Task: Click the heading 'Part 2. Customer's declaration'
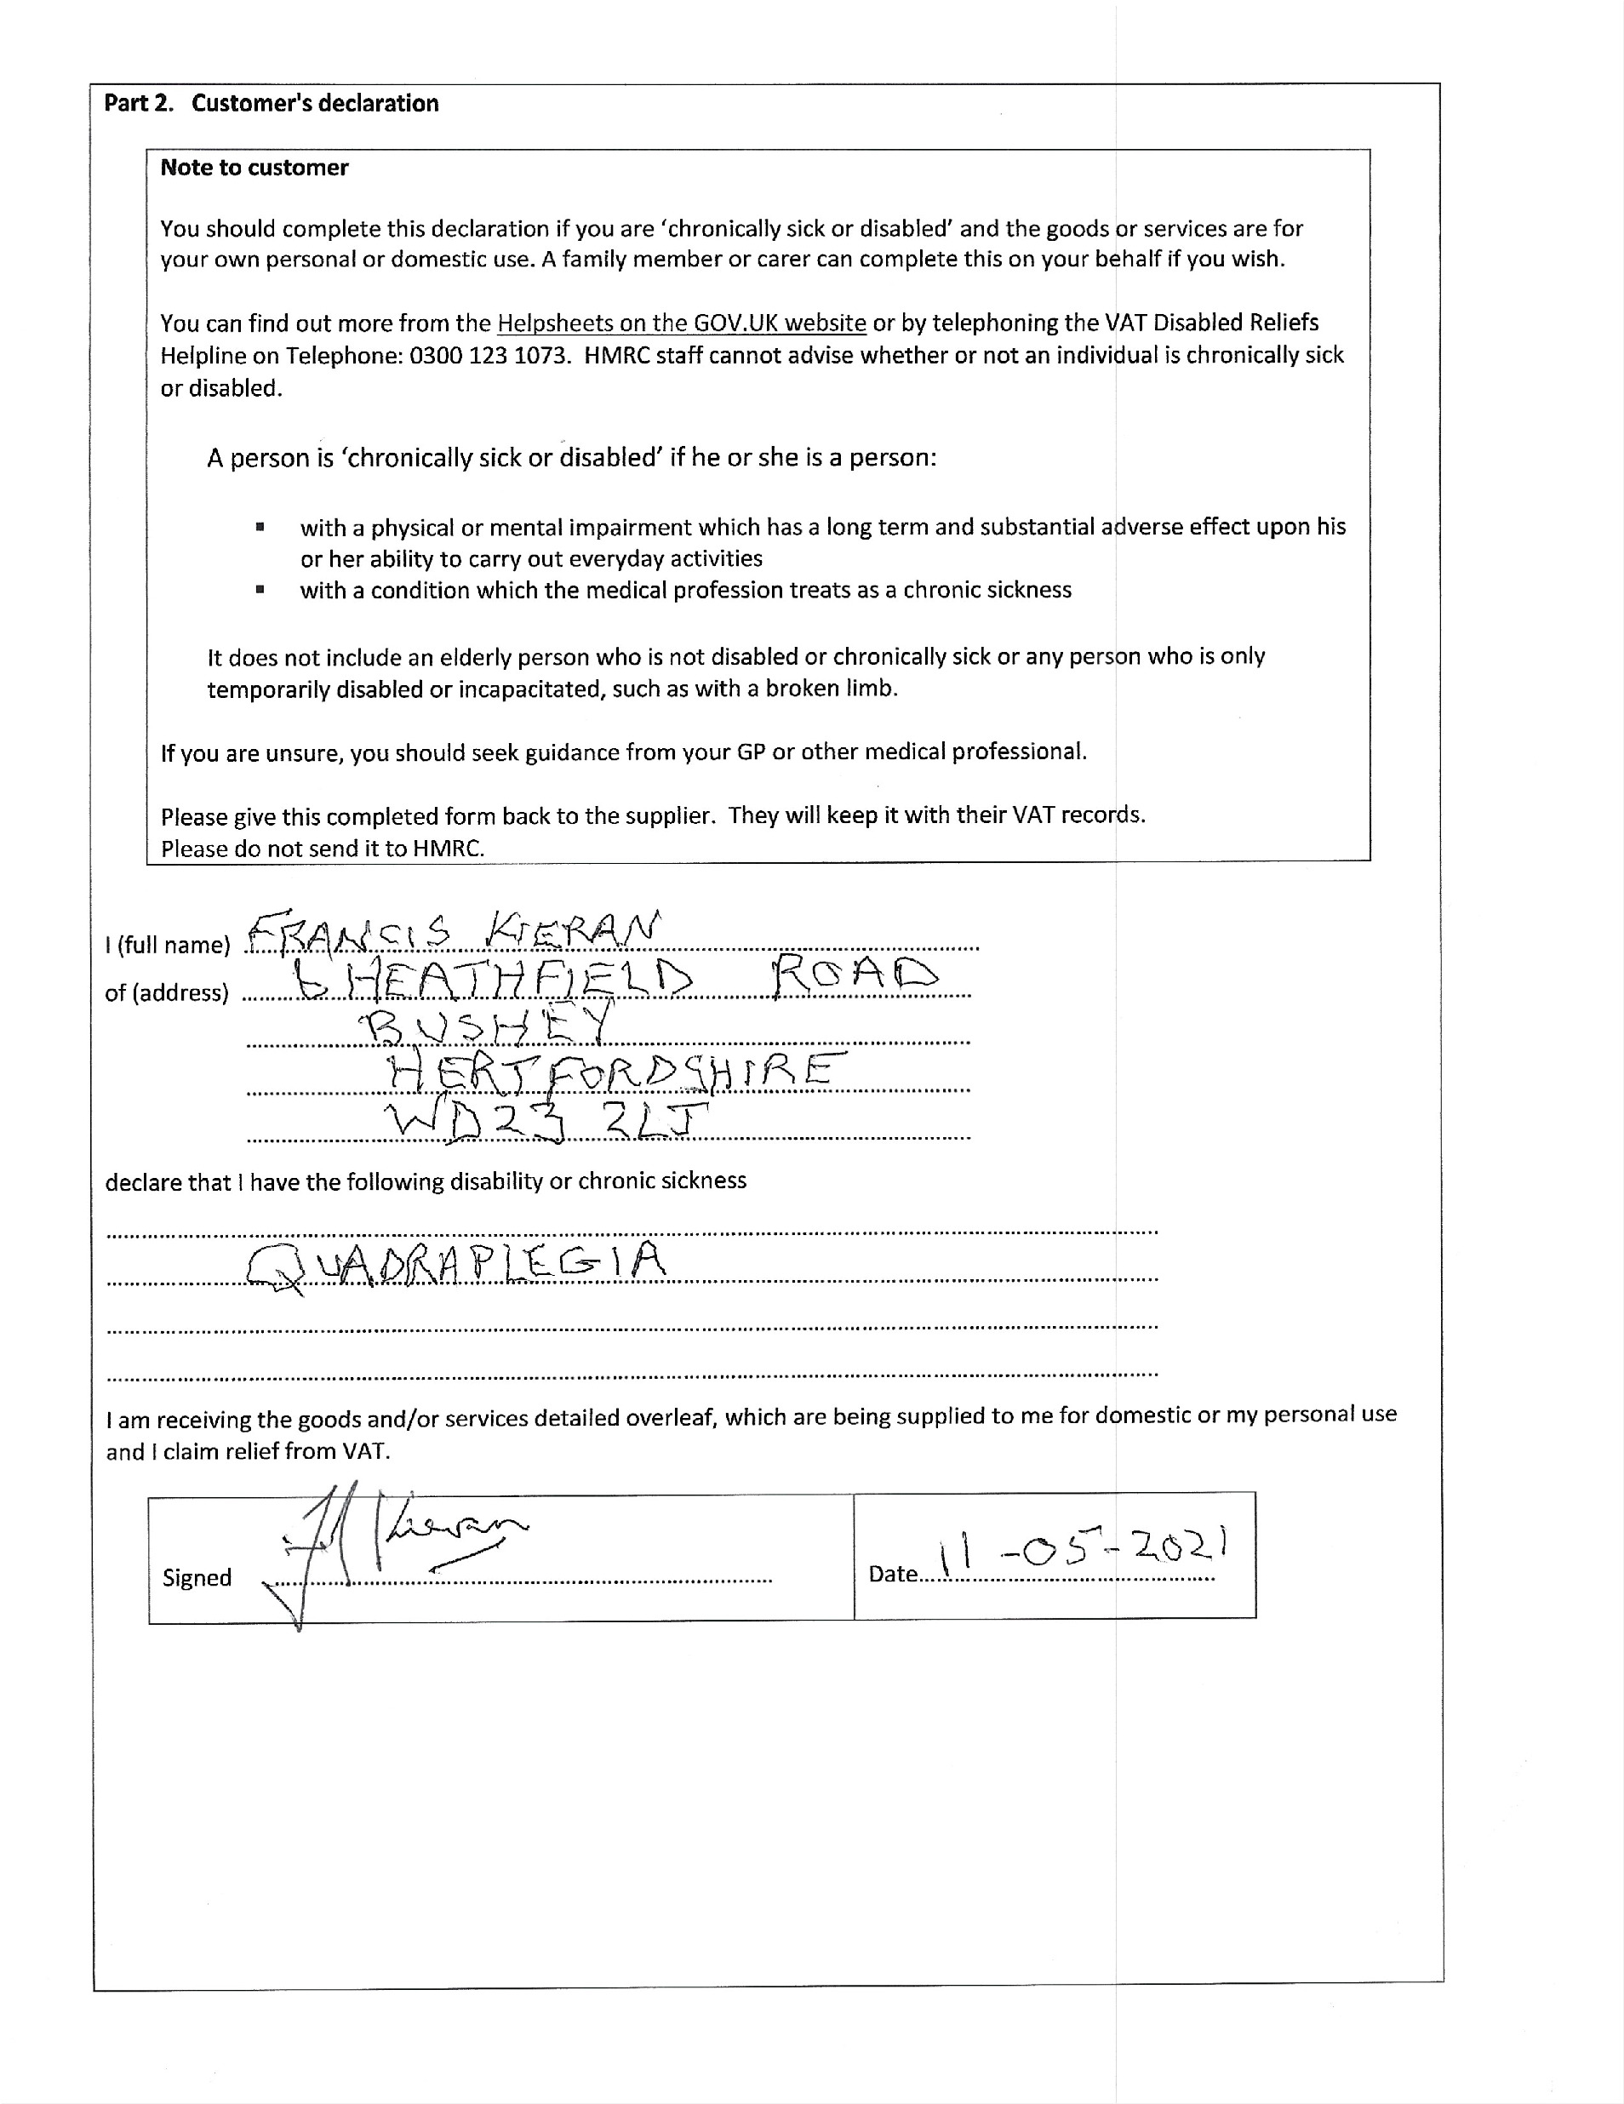(271, 103)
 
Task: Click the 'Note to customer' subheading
(254, 168)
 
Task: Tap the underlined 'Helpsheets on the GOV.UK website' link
(681, 323)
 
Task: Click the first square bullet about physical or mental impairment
(260, 527)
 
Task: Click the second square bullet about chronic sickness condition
(260, 590)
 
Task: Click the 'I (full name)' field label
(168, 945)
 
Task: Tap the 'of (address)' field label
(167, 993)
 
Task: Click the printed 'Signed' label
(197, 1578)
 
